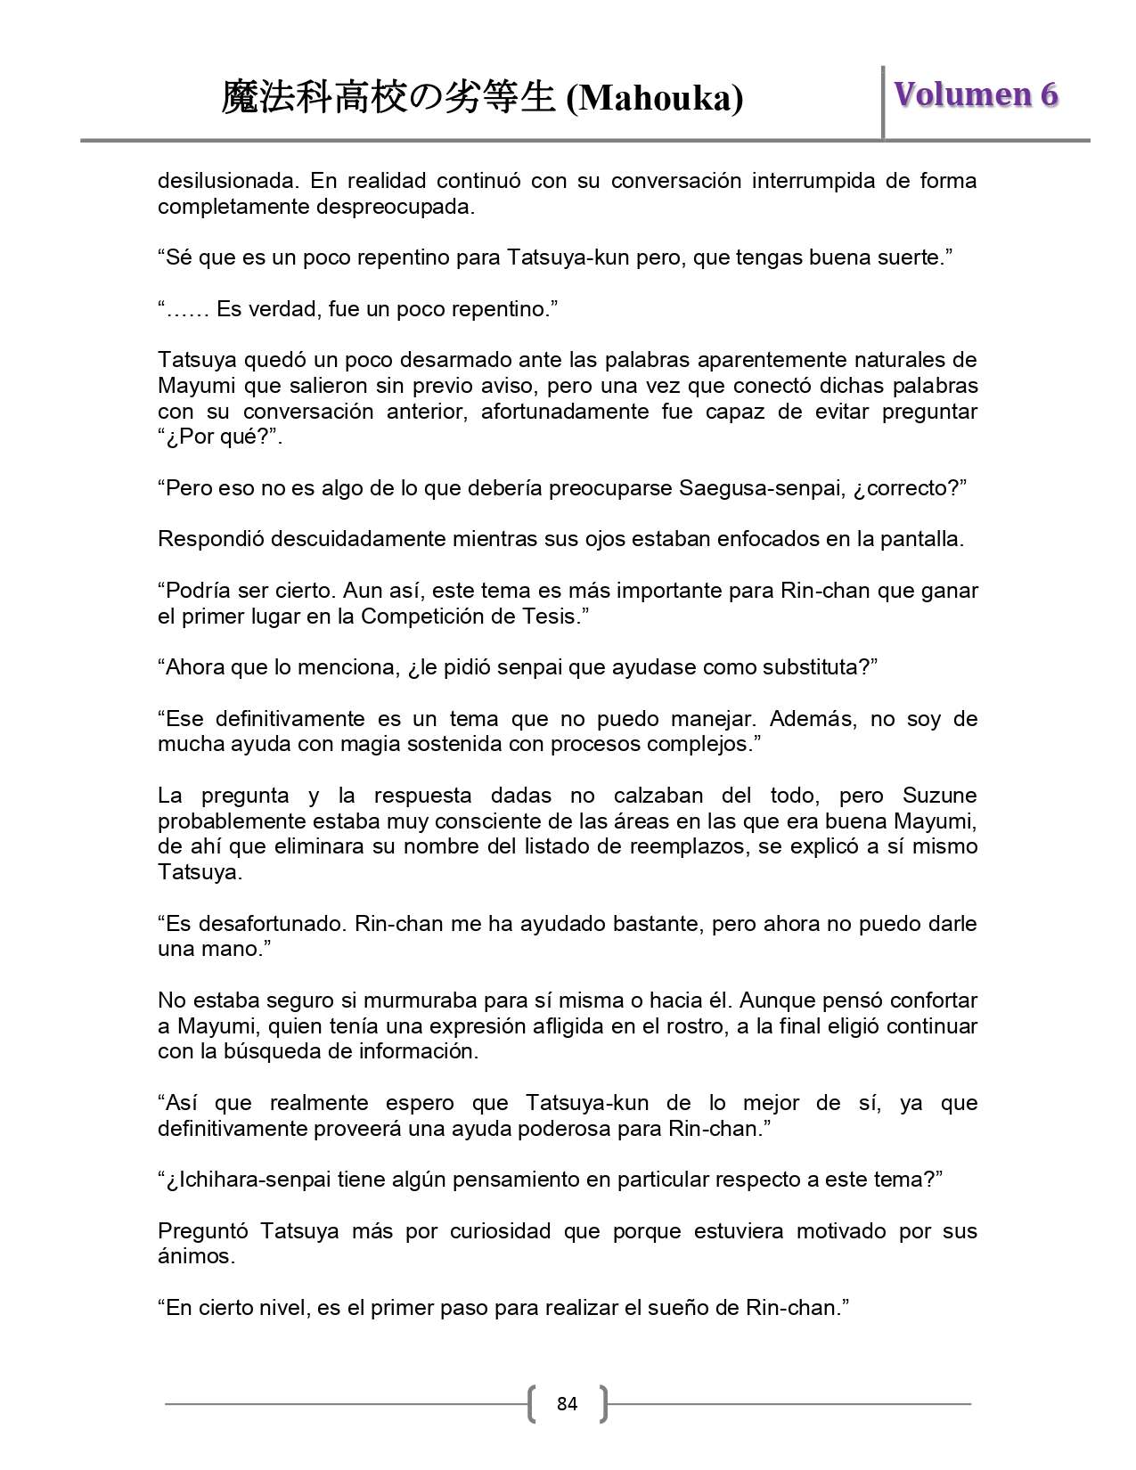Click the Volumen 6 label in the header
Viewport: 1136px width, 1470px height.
(976, 94)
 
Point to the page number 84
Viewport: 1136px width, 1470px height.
(567, 1404)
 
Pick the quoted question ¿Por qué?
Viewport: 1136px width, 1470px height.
(217, 437)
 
